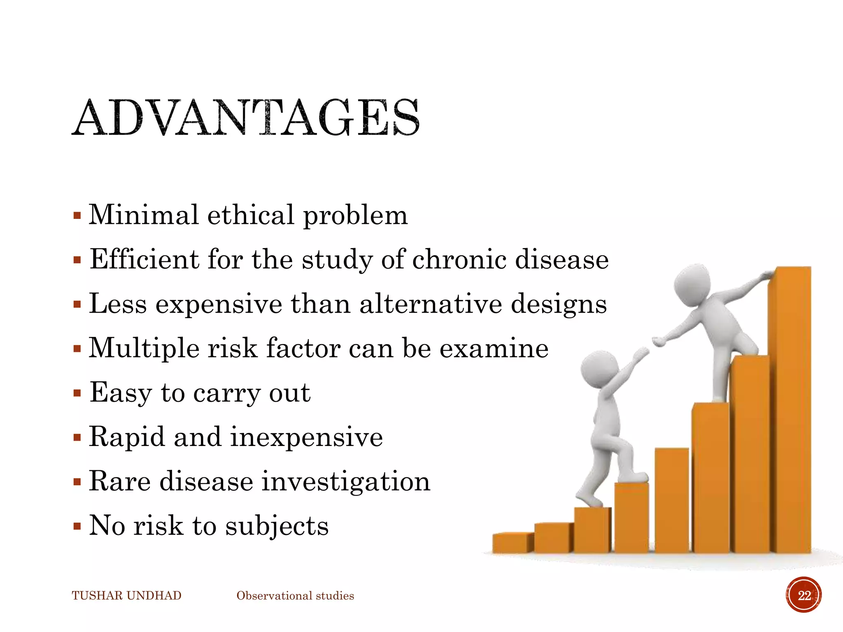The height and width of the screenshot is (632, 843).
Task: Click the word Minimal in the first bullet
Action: pyautogui.click(x=144, y=215)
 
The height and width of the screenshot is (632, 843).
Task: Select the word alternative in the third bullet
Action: pyautogui.click(x=431, y=304)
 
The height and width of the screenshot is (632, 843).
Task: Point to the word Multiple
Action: pyautogui.click(x=144, y=349)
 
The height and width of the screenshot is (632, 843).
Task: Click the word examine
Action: pyautogui.click(x=494, y=349)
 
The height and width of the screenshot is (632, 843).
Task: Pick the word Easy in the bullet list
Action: pyautogui.click(x=121, y=393)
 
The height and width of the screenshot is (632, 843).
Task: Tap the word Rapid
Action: pyautogui.click(x=127, y=437)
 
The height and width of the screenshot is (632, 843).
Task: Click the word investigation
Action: pyautogui.click(x=346, y=481)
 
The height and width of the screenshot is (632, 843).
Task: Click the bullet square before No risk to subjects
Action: pyautogui.click(x=77, y=526)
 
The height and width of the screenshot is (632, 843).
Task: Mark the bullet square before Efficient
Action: pyautogui.click(x=77, y=260)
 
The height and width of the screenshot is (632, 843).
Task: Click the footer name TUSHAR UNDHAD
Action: pyautogui.click(x=126, y=595)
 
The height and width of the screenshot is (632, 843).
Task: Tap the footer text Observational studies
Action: pyautogui.click(x=295, y=595)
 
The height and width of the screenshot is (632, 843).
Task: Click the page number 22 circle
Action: pyautogui.click(x=803, y=595)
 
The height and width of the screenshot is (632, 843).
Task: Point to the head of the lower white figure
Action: pyautogui.click(x=600, y=369)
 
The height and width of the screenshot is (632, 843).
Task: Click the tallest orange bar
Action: pyautogui.click(x=790, y=411)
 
